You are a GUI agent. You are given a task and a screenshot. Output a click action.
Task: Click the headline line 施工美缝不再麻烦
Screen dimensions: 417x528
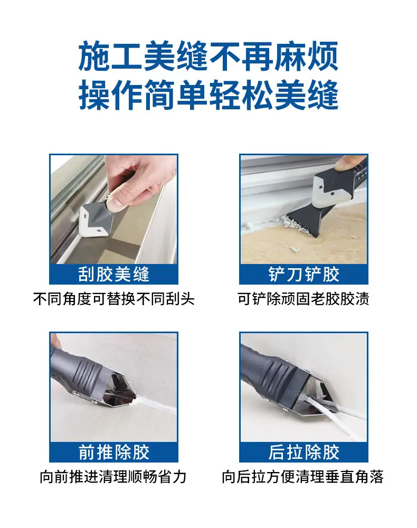[x=209, y=56]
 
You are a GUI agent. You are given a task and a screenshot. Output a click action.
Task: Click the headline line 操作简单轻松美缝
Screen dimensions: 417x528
[x=209, y=95]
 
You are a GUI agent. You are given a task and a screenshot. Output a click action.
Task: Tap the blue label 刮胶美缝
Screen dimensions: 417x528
[x=114, y=274]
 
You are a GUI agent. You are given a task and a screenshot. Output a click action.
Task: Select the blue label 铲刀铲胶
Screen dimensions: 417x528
[x=304, y=274]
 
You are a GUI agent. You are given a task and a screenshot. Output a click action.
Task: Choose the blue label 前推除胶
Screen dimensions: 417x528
[x=114, y=452]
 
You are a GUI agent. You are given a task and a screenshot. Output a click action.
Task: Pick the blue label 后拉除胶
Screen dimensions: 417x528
[x=304, y=452]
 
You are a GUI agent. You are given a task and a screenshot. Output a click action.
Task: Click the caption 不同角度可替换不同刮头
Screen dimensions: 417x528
[x=114, y=299]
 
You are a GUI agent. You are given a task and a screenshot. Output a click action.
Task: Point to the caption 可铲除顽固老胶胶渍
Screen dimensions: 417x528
[x=304, y=299]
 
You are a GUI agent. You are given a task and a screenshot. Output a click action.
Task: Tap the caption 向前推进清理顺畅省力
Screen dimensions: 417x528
[x=113, y=477]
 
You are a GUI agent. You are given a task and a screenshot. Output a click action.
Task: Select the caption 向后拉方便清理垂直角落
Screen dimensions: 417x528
[x=302, y=477]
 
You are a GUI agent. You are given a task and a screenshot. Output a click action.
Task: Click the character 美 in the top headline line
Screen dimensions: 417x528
[x=159, y=56]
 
